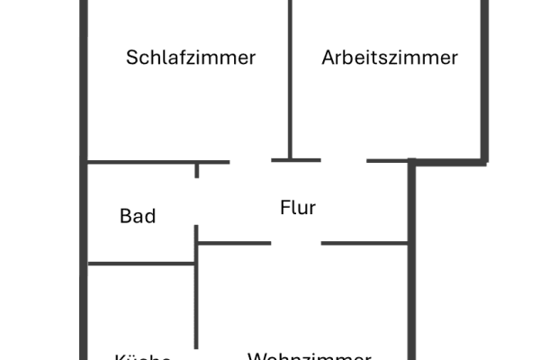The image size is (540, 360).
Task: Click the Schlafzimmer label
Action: pos(191,58)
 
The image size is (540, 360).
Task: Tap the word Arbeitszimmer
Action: pos(390,58)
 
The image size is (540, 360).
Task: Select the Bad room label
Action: pos(138,216)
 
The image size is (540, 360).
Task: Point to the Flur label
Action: pos(298,208)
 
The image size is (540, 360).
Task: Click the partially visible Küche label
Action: pos(143,356)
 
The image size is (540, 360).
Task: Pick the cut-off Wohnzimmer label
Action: pos(309,355)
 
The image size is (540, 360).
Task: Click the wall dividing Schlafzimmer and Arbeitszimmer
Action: pos(290,81)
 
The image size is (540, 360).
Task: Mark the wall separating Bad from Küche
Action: pos(141,264)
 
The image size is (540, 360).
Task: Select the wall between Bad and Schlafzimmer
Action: pos(141,163)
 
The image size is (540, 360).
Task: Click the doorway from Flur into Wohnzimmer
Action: pos(296,243)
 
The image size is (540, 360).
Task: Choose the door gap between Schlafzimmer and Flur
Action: pos(250,161)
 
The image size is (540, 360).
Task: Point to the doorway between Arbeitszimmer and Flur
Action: pos(343,161)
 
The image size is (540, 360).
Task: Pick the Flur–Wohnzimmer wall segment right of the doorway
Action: pos(364,243)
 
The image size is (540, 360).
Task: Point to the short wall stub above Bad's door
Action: pos(197,170)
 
